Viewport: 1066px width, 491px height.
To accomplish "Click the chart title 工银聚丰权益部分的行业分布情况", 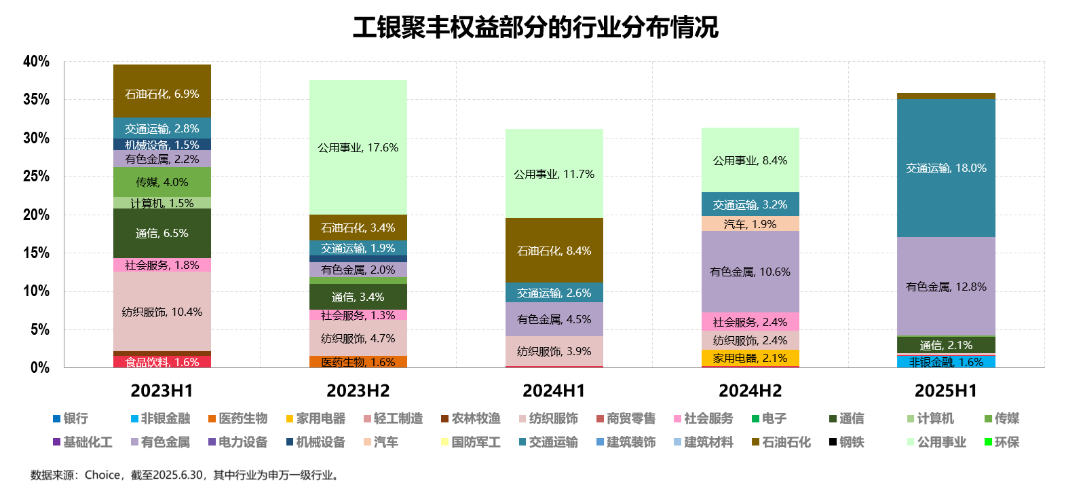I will (x=535, y=27).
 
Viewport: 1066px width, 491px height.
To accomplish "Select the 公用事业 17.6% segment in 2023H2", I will (x=358, y=147).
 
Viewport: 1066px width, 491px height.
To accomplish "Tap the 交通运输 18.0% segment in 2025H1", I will (x=946, y=168).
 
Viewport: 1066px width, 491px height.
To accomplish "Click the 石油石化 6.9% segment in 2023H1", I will (x=162, y=94).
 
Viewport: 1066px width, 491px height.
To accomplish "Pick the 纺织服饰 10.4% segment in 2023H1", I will (x=162, y=312).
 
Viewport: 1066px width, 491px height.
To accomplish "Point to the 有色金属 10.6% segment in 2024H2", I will (x=750, y=272).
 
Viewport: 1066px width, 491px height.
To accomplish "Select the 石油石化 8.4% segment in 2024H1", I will (x=554, y=251).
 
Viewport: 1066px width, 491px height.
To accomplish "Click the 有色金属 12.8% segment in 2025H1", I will (x=946, y=287).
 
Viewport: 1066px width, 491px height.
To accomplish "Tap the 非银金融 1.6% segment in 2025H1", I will (x=946, y=362).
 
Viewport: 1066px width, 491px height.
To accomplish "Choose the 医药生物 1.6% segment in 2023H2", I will (x=358, y=362).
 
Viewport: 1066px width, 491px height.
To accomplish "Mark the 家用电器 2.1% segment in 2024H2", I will (x=750, y=358).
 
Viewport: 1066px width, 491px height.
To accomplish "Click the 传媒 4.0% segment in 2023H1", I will (x=162, y=182).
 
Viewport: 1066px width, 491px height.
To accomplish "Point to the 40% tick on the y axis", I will (x=36, y=62).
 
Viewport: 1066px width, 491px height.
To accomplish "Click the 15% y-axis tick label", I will (x=36, y=253).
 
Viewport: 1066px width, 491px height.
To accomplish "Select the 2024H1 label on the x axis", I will (x=554, y=390).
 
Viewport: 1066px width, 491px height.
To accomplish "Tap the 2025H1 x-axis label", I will (x=946, y=390).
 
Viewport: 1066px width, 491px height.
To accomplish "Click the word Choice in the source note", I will (x=102, y=475).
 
